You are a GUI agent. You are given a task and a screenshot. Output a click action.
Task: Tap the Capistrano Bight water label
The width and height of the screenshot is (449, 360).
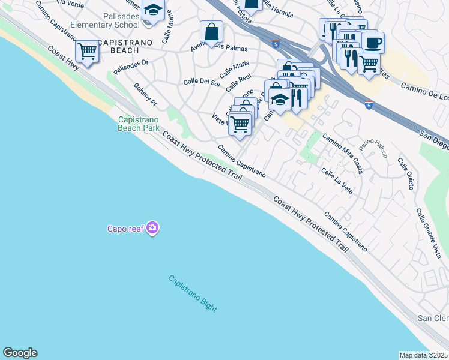pos(192,293)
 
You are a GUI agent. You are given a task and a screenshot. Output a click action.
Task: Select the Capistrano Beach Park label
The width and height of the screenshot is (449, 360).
pos(138,124)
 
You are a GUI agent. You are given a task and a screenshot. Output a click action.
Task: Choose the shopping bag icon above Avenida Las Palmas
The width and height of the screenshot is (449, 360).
pos(212,32)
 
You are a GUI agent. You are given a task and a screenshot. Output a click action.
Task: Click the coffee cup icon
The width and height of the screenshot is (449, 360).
pos(373,43)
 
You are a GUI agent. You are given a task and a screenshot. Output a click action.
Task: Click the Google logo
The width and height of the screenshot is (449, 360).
pos(20,353)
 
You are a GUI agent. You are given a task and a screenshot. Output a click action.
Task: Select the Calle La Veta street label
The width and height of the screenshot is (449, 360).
pos(336,180)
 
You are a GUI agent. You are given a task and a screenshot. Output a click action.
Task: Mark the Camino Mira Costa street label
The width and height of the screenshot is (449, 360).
pos(342,154)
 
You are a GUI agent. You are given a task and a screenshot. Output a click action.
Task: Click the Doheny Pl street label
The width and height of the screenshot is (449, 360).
pos(145,95)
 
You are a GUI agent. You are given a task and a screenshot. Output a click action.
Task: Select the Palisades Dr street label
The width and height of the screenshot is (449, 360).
pos(131,67)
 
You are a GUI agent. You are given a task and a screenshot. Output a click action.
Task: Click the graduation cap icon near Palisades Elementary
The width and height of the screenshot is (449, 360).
pos(154,10)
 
